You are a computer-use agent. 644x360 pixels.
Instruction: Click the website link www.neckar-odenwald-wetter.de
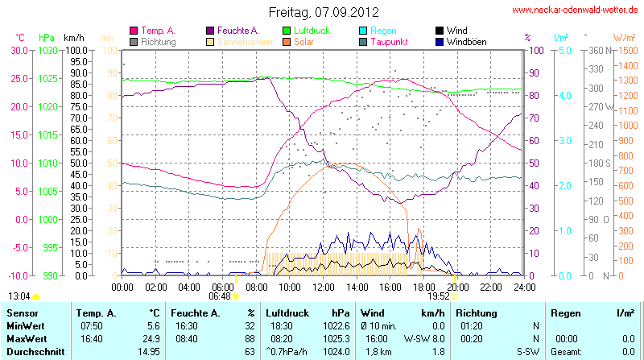tap(576, 10)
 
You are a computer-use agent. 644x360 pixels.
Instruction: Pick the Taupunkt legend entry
tap(389, 41)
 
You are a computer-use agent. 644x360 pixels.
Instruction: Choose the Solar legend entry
tap(304, 41)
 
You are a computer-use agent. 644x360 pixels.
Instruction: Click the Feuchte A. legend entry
tap(237, 31)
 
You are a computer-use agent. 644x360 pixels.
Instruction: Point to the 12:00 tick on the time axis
tap(324, 287)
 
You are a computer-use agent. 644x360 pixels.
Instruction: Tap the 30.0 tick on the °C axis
tap(17, 50)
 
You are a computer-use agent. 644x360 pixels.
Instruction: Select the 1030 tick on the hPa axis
tap(47, 50)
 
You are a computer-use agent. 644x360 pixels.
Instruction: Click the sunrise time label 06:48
tap(219, 296)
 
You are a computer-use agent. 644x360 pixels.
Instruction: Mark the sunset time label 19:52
tap(438, 296)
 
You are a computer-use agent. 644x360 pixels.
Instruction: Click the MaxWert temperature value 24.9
tap(150, 338)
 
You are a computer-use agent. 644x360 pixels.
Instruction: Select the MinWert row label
tap(24, 325)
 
